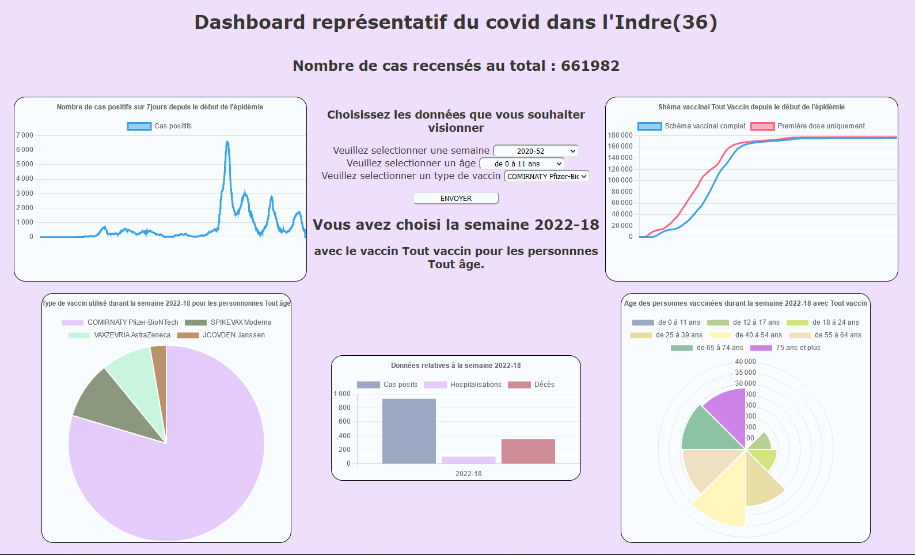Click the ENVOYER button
pyautogui.click(x=456, y=198)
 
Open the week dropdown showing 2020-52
pyautogui.click(x=536, y=151)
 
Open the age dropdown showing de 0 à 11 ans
pyautogui.click(x=522, y=164)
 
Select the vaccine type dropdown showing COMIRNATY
pyautogui.click(x=546, y=176)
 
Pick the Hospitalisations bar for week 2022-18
pyautogui.click(x=469, y=459)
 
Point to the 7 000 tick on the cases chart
pyautogui.click(x=25, y=135)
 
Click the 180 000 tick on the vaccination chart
pyautogui.click(x=620, y=135)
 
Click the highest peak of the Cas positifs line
pyautogui.click(x=227, y=142)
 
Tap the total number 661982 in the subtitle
pyautogui.click(x=590, y=66)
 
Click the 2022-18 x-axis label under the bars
pyautogui.click(x=468, y=474)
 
